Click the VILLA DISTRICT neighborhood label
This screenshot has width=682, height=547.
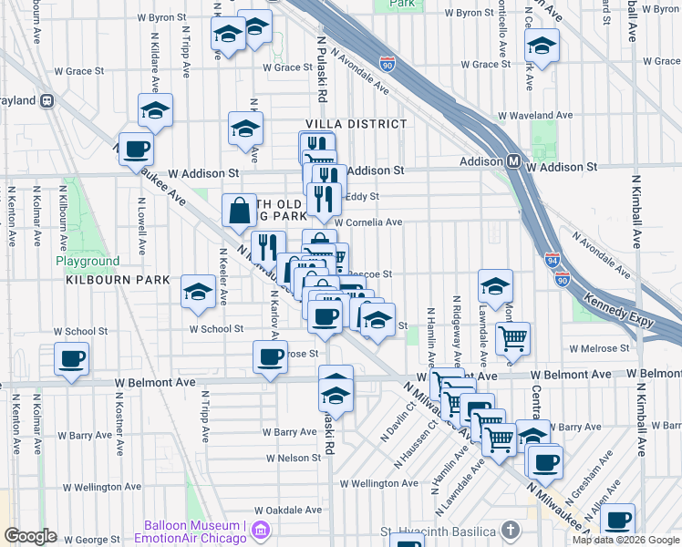pos(356,124)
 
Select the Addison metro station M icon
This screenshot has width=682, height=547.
pos(513,161)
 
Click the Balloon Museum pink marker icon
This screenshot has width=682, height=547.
pos(262,529)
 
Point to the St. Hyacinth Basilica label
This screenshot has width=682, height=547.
pos(441,530)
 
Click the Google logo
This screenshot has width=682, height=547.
pos(30,536)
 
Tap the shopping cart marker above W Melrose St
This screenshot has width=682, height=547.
pos(513,338)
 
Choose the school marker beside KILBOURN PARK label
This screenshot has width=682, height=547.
pos(198,291)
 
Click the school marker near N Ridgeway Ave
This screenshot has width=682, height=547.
pos(494,287)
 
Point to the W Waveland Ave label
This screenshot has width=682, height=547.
pos(535,117)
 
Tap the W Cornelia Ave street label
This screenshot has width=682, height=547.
pos(368,222)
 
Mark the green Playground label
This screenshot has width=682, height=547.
pos(88,262)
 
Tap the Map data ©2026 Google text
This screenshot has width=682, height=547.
pos(626,540)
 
